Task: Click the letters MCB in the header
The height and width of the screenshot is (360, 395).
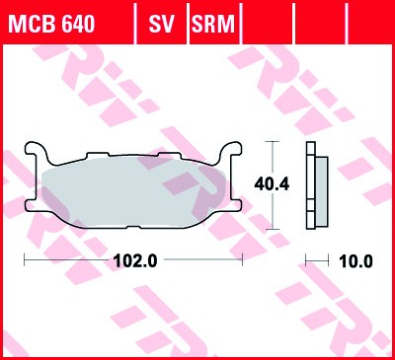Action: (31, 23)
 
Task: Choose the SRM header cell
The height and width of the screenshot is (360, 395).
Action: (214, 23)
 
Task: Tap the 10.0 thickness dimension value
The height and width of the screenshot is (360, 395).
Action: (355, 261)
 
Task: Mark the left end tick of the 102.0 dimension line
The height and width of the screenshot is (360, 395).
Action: (24, 261)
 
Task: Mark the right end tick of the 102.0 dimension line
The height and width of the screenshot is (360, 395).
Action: (243, 261)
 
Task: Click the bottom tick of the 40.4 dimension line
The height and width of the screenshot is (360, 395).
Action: (275, 226)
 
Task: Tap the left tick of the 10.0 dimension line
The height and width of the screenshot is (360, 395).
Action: (305, 261)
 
